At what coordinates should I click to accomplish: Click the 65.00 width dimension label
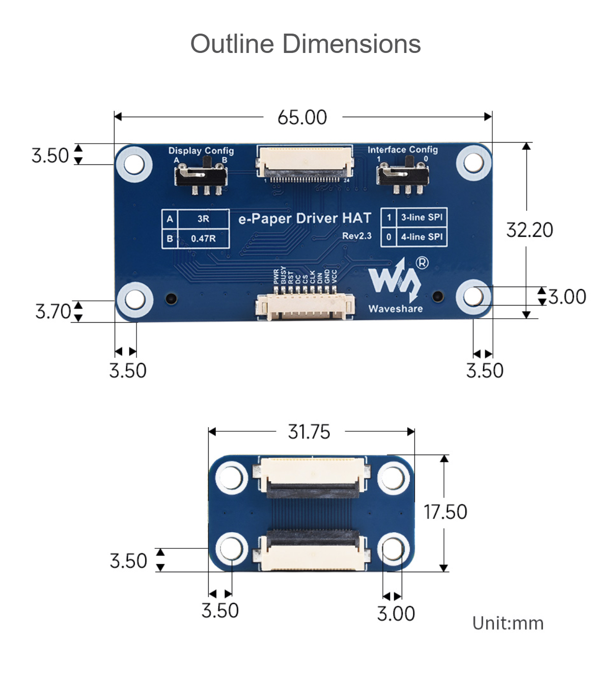click(x=302, y=118)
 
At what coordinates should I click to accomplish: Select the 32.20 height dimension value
click(x=530, y=230)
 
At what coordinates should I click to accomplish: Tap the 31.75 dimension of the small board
click(x=309, y=432)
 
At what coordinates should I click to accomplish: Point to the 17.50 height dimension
click(x=445, y=512)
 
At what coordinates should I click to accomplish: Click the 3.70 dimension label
click(x=53, y=311)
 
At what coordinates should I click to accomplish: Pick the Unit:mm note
click(x=508, y=623)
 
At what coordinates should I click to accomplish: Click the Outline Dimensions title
click(x=305, y=44)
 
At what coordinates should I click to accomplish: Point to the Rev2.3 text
click(x=356, y=236)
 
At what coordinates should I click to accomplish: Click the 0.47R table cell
click(x=203, y=238)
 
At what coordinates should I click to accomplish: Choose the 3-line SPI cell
click(x=422, y=217)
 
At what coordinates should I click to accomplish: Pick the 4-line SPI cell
click(x=422, y=237)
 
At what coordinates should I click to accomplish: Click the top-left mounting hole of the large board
click(x=134, y=164)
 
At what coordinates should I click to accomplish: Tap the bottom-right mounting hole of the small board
click(x=393, y=550)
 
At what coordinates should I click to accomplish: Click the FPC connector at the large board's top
click(x=304, y=163)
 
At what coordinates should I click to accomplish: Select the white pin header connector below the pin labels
click(x=304, y=307)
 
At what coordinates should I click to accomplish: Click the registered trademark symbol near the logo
click(x=422, y=263)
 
